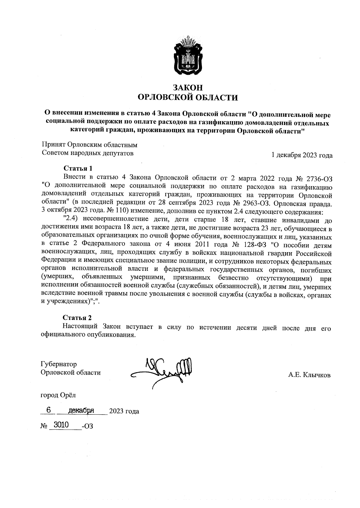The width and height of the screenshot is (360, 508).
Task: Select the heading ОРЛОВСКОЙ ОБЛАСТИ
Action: point(187,97)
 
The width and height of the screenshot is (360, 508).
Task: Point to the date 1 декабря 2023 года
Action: point(302,155)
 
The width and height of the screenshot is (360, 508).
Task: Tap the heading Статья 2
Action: point(77,318)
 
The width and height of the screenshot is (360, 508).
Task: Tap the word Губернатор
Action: point(59,364)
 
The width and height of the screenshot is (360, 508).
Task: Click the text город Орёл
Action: point(58,395)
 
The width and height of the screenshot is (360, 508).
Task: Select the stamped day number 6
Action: point(48,410)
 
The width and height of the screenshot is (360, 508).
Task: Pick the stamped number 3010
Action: point(61,425)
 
